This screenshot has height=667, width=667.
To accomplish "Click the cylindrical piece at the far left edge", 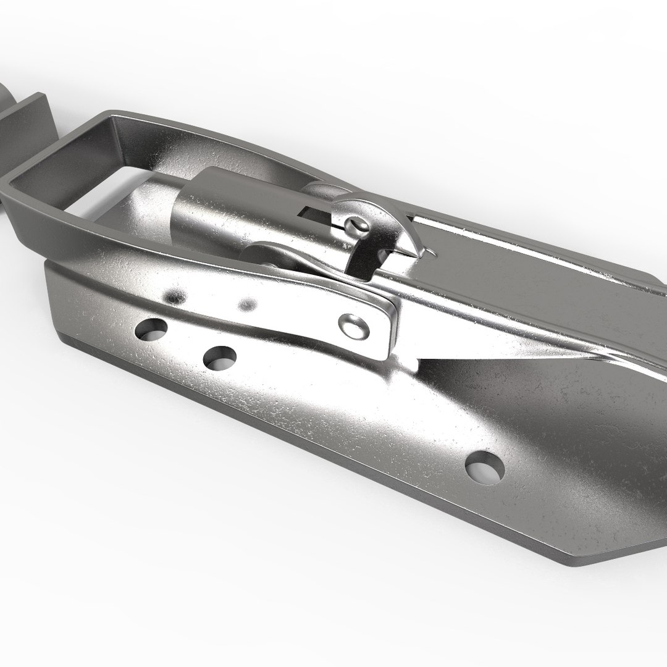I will [6, 99].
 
